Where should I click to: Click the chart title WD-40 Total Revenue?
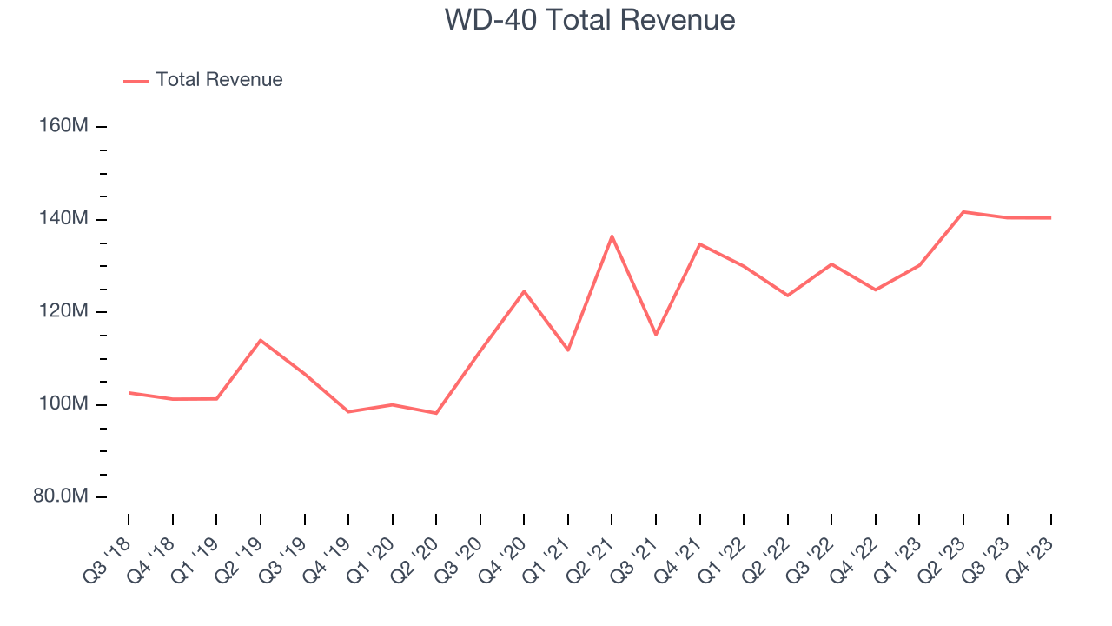[590, 20]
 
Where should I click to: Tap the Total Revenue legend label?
[219, 80]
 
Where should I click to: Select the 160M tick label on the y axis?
[63, 126]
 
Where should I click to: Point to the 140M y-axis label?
[63, 219]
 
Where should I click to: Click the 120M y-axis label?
[63, 311]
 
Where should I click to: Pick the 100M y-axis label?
[63, 404]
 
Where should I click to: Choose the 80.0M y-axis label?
[61, 496]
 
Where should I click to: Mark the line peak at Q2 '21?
[612, 236]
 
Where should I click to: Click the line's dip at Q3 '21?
[656, 335]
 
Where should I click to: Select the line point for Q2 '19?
[261, 340]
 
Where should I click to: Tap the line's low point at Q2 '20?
[436, 413]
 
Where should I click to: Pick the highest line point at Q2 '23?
[963, 211]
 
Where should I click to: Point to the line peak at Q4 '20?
[524, 290]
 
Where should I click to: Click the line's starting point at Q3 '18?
[129, 392]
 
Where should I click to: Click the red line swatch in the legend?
[136, 81]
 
